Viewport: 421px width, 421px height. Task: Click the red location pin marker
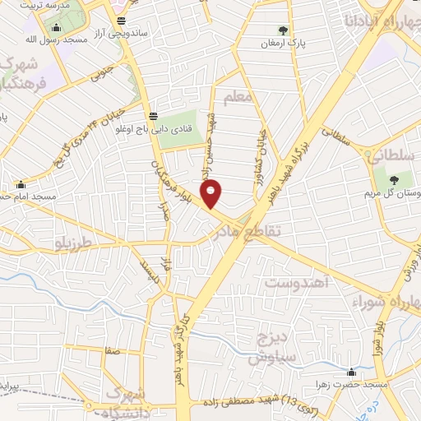pos(211,193)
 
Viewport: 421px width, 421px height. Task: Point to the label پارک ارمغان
pos(285,44)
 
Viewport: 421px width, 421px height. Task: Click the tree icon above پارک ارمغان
pos(285,31)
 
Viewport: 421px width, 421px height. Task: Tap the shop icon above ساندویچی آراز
pos(122,21)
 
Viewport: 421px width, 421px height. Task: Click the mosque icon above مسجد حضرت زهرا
pos(352,372)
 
